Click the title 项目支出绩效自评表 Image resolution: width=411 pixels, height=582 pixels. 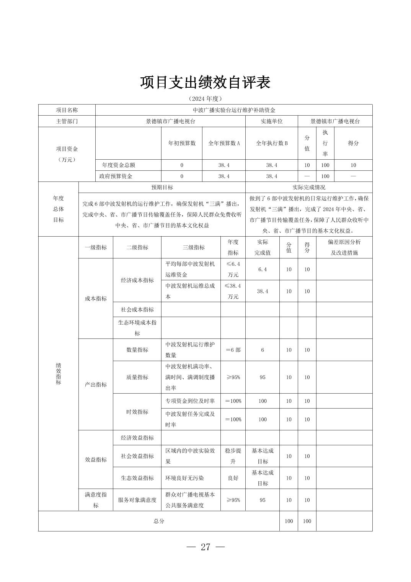click(x=205, y=82)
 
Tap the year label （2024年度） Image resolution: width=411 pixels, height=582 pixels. click(x=205, y=99)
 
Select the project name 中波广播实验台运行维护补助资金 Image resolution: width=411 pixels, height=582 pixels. click(x=233, y=110)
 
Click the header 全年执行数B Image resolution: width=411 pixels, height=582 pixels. click(x=271, y=143)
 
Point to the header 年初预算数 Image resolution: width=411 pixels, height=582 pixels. click(x=182, y=143)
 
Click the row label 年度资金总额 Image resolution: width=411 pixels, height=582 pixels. click(x=118, y=165)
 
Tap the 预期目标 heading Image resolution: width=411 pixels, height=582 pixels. click(x=162, y=187)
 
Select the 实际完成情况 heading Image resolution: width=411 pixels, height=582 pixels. click(x=308, y=187)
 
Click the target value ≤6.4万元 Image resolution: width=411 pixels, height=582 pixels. click(x=233, y=269)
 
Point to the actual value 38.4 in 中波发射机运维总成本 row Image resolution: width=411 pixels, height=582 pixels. click(x=262, y=291)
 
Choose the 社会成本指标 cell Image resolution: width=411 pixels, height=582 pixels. click(x=137, y=309)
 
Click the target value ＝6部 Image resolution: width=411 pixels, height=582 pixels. click(x=233, y=350)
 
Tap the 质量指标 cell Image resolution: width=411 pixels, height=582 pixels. click(x=137, y=377)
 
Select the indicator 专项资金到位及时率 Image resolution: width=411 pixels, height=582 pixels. click(x=190, y=401)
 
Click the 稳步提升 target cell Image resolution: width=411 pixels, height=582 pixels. click(x=233, y=456)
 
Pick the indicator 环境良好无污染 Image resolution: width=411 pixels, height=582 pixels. click(x=184, y=478)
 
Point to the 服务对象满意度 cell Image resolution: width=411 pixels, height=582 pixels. click(x=137, y=500)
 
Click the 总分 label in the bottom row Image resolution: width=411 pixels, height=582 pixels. click(x=159, y=521)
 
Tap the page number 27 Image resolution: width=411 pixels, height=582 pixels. click(x=205, y=547)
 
